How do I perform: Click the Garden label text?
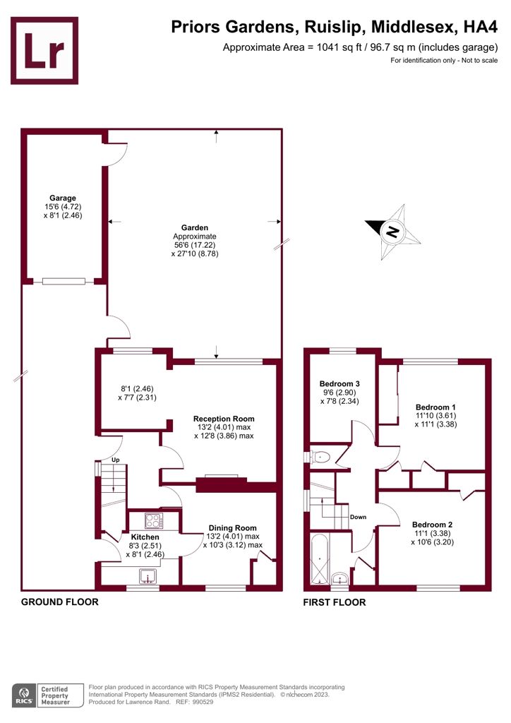pos(195,227)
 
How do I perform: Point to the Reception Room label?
pos(224,419)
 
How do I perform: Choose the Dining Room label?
pos(232,528)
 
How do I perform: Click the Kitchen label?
pos(145,537)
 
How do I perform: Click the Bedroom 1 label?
pos(435,407)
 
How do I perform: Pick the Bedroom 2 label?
pos(433,525)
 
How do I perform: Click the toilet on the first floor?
pos(320,457)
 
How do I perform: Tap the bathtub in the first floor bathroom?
pos(320,559)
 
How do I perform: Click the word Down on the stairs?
pos(358,517)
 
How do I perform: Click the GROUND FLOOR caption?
pos(59,602)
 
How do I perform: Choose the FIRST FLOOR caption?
pos(335,602)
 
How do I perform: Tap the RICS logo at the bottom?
pos(23,694)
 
